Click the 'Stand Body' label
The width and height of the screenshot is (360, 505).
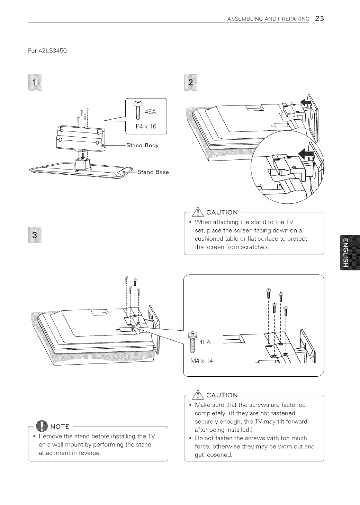142,145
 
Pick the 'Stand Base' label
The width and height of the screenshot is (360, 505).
153,172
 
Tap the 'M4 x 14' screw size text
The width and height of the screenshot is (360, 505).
202,361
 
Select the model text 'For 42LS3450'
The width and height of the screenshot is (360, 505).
47,51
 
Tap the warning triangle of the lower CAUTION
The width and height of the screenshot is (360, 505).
200,395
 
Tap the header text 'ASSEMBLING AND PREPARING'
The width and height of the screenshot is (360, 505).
268,19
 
